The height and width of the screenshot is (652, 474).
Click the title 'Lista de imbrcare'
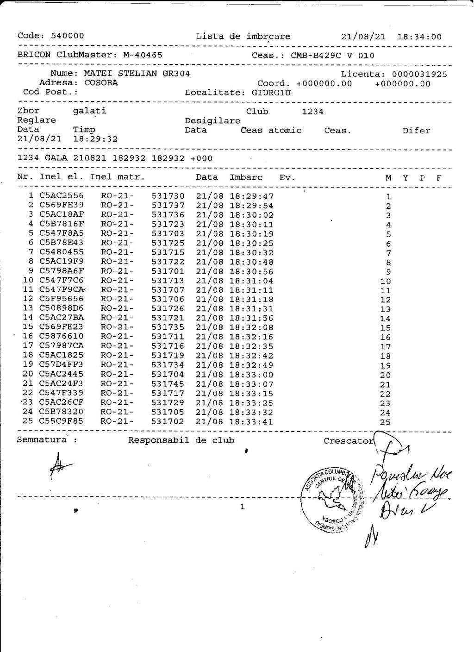[x=243, y=36]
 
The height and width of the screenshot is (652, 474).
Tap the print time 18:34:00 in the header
[x=419, y=37]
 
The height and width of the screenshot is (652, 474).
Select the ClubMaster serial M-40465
[x=143, y=55]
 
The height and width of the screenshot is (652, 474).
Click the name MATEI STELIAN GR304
[x=137, y=73]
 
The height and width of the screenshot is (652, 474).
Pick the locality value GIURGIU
[x=271, y=92]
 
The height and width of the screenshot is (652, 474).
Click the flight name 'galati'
[x=89, y=111]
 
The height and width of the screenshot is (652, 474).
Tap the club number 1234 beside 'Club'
[x=312, y=112]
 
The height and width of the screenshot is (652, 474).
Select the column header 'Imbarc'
[x=246, y=177]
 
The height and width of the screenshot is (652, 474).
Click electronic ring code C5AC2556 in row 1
[x=62, y=196]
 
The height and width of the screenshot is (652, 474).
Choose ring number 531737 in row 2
[x=168, y=206]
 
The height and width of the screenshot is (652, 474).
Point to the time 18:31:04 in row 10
[x=251, y=281]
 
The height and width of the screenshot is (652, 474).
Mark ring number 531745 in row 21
[x=168, y=384]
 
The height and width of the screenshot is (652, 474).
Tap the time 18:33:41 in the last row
[x=251, y=422]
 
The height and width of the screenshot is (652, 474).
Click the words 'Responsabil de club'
[x=181, y=440]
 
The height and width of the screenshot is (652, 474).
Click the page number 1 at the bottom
[x=242, y=507]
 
